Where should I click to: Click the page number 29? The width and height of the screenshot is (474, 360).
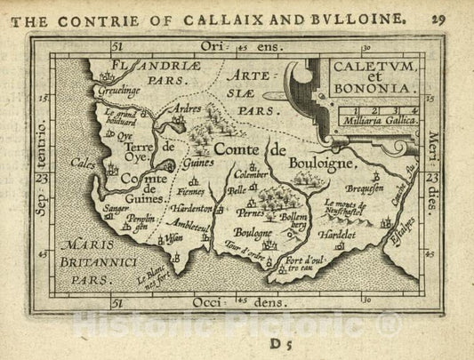coord(453,17)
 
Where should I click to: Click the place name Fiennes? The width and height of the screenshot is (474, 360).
coord(196,190)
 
